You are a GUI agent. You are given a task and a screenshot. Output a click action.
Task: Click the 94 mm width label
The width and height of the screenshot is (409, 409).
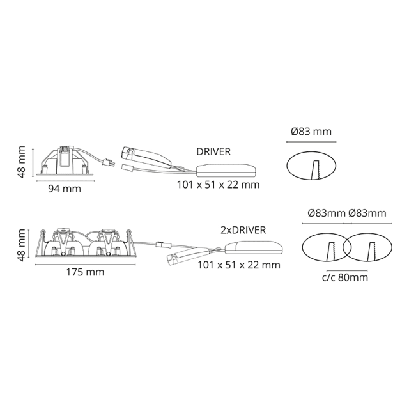pyautogui.click(x=65, y=189)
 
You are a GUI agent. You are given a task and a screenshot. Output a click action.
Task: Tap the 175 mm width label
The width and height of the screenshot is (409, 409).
pyautogui.click(x=85, y=272)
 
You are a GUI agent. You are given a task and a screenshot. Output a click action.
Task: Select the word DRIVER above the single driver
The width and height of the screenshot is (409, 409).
pyautogui.click(x=213, y=151)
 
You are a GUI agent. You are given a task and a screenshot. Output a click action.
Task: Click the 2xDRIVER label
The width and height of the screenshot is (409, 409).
pyautogui.click(x=243, y=230)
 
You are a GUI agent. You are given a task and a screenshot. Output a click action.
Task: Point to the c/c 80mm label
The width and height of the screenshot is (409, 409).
pyautogui.click(x=345, y=277)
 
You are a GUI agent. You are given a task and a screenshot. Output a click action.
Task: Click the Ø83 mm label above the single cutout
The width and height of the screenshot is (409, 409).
pyautogui.click(x=311, y=132)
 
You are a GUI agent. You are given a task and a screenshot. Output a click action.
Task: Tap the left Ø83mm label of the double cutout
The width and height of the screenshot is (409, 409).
pyautogui.click(x=327, y=213)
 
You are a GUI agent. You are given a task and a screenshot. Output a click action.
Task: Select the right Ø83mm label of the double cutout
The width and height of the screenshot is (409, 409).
pyautogui.click(x=367, y=213)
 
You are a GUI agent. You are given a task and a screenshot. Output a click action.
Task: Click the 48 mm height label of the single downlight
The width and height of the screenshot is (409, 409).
pyautogui.click(x=21, y=162)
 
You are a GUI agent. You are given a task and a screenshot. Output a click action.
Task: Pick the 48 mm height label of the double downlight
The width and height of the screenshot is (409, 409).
pyautogui.click(x=21, y=245)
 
